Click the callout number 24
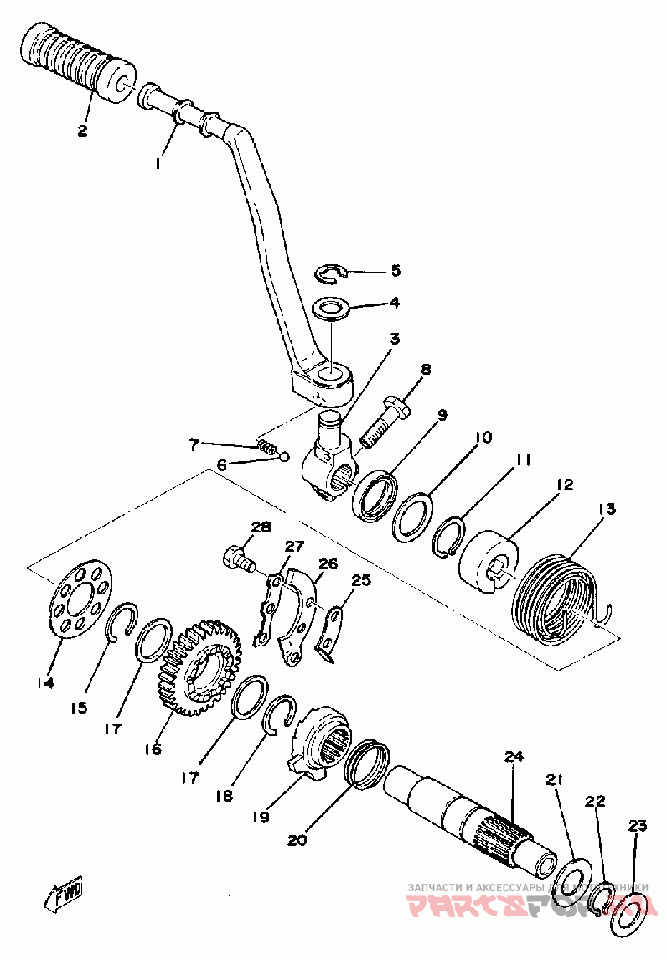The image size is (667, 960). point(513,758)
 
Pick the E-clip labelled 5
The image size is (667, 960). point(333,272)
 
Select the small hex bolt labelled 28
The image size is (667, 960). point(236,557)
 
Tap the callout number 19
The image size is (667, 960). point(261,815)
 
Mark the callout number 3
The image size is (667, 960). point(393,339)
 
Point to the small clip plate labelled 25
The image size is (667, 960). point(333,631)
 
